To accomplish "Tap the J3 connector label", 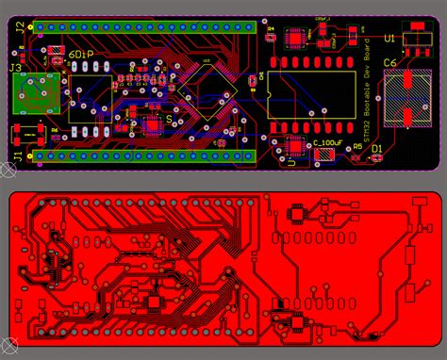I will pos(16,68).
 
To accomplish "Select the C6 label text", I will pos(389,63).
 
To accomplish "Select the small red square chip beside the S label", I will pos(154,120).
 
